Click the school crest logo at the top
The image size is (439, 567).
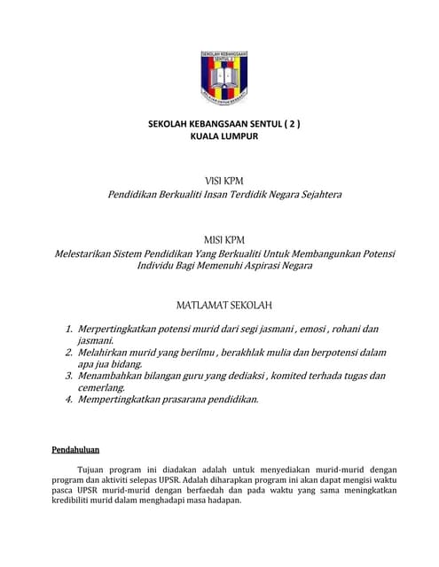(x=223, y=78)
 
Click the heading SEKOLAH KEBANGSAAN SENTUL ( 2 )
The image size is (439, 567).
(x=223, y=125)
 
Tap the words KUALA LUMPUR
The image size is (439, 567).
(x=223, y=137)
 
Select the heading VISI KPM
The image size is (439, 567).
(x=223, y=181)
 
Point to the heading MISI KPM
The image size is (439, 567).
(x=223, y=240)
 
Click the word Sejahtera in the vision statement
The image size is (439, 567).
(x=314, y=194)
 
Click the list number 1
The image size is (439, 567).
(x=69, y=329)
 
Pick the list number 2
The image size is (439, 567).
(x=69, y=353)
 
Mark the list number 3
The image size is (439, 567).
(x=69, y=376)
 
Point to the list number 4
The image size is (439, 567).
(x=69, y=400)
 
